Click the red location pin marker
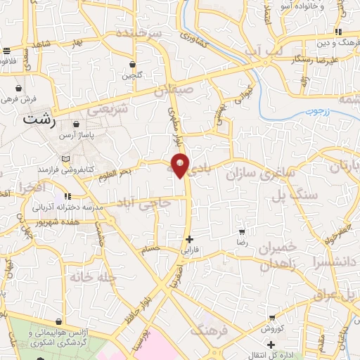click(181, 165)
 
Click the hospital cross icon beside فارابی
click(189, 239)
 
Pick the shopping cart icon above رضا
click(243, 231)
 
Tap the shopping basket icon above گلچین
click(131, 64)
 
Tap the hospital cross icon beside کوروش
click(271, 345)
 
